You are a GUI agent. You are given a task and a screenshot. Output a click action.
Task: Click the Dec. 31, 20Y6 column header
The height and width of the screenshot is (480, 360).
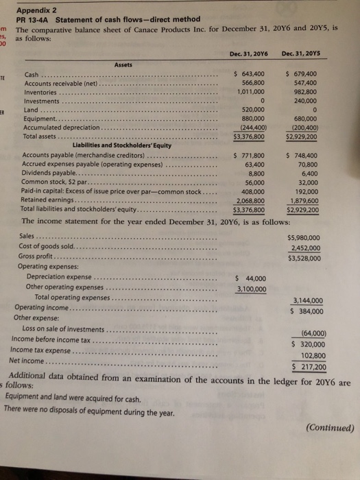point(250,56)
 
